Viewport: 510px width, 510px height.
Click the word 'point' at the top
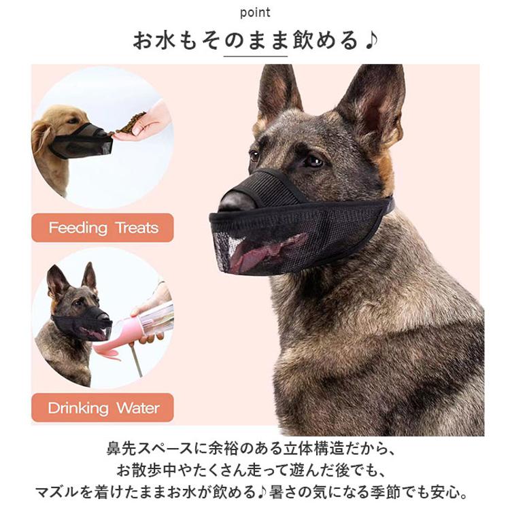255,13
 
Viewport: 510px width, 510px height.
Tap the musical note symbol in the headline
371,41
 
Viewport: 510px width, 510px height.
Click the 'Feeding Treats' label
103,228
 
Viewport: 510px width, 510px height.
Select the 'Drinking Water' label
103,407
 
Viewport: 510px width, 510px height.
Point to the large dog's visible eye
315,160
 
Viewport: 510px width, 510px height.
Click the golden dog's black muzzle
83,141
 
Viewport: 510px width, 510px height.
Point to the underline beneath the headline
255,56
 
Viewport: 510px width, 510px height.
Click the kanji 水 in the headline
165,41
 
